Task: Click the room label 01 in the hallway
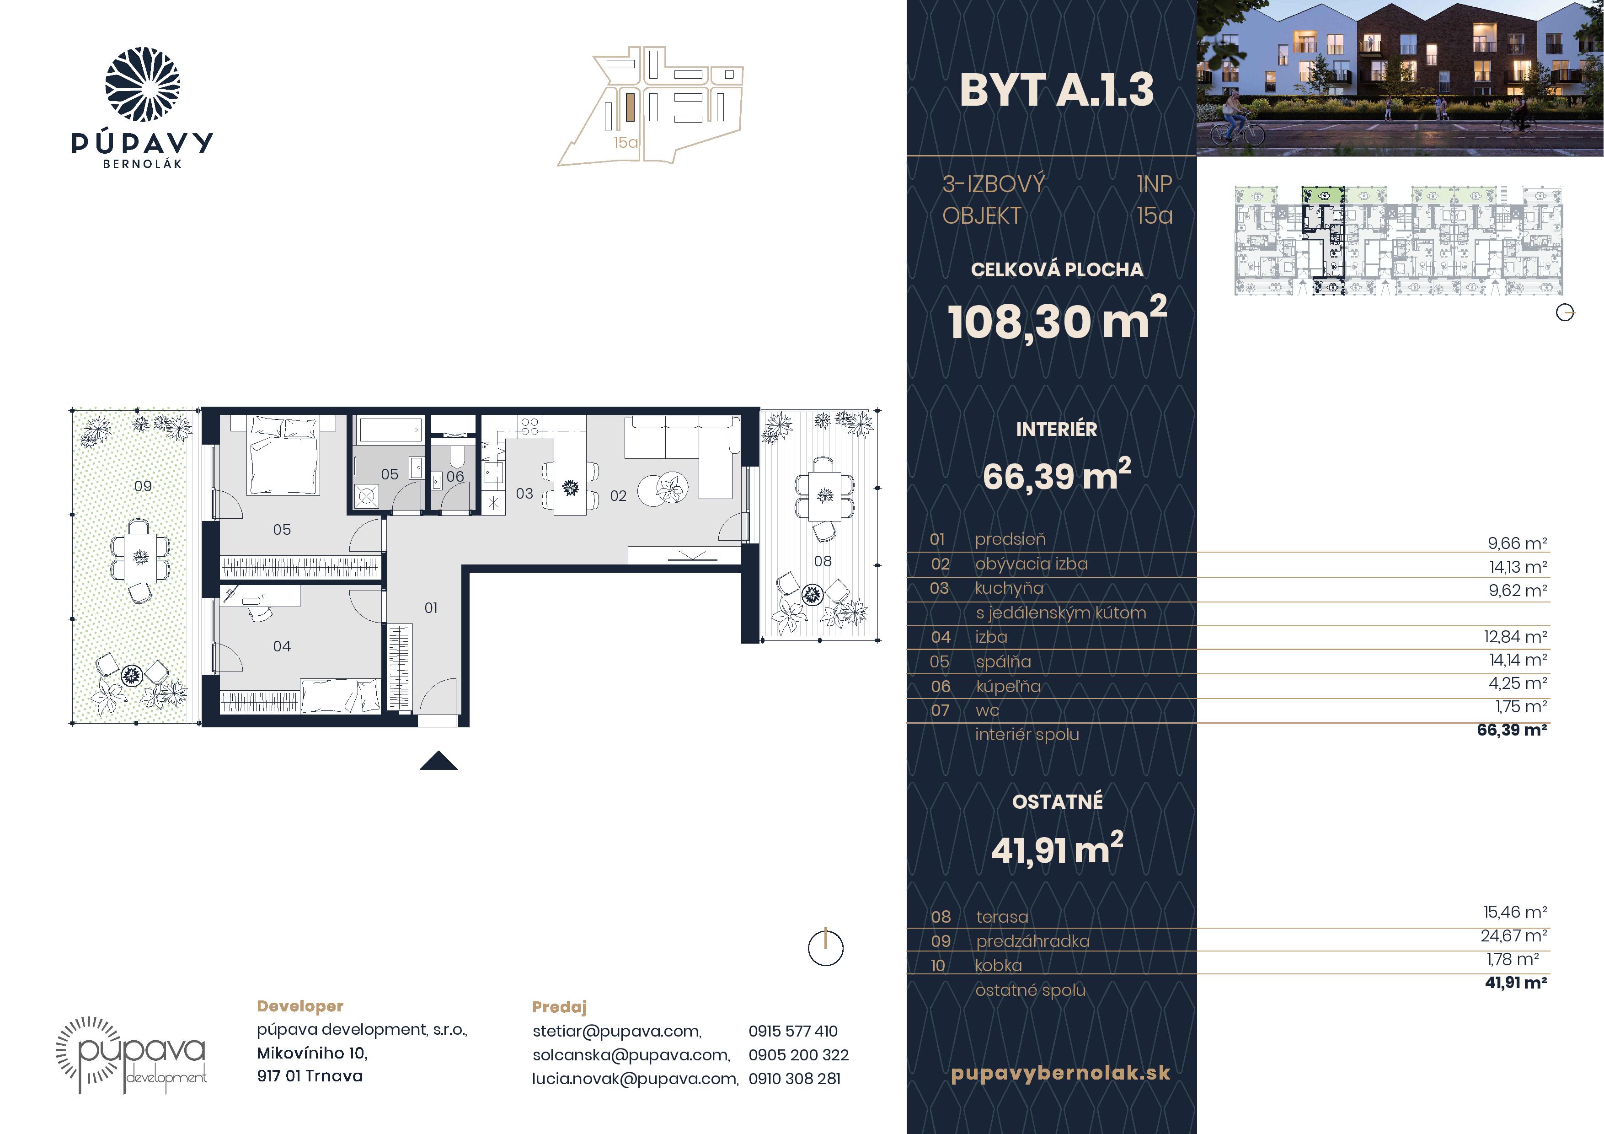(431, 608)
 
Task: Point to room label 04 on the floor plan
(282, 646)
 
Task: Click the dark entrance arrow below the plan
(439, 761)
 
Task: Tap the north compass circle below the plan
(826, 948)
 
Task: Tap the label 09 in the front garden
(143, 486)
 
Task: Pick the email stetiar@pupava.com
(617, 1031)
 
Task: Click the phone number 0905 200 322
(798, 1055)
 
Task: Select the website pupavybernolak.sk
(1060, 1073)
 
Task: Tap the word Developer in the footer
(300, 1006)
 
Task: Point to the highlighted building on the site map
(630, 108)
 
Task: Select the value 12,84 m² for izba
(1515, 636)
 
